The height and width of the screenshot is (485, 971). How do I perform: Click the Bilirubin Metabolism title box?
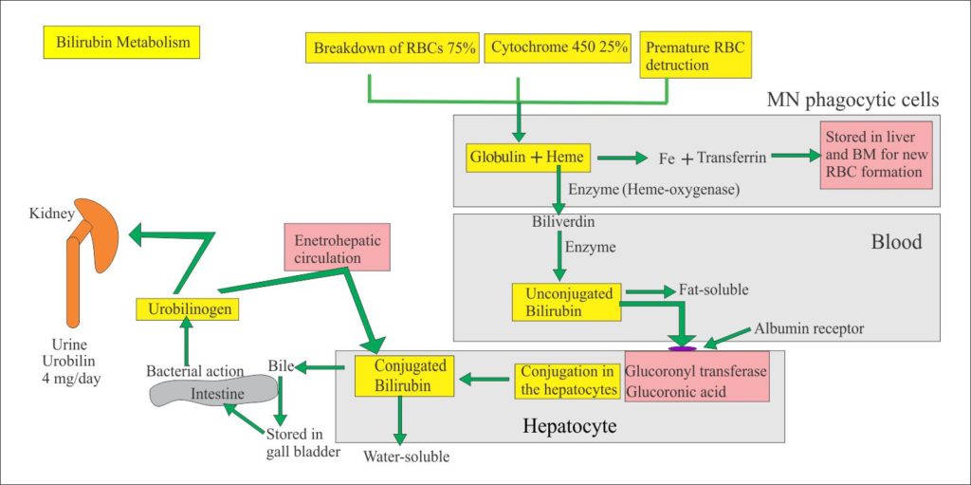pyautogui.click(x=121, y=43)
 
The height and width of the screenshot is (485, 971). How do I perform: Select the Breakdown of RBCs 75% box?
pyautogui.click(x=394, y=48)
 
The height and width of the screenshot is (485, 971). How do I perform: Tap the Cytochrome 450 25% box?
pyautogui.click(x=559, y=48)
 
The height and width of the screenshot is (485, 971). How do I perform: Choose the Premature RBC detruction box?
pyautogui.click(x=677, y=57)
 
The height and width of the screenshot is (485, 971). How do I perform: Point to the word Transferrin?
pyautogui.click(x=731, y=157)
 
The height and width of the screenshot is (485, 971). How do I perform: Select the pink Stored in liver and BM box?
pyautogui.click(x=878, y=154)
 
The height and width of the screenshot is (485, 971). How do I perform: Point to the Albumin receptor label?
pyautogui.click(x=809, y=328)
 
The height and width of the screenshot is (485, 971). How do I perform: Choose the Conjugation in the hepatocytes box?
pyautogui.click(x=566, y=381)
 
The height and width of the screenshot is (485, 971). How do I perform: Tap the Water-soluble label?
pyautogui.click(x=406, y=457)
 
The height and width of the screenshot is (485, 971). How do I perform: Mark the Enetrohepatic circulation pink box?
pyautogui.click(x=337, y=249)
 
